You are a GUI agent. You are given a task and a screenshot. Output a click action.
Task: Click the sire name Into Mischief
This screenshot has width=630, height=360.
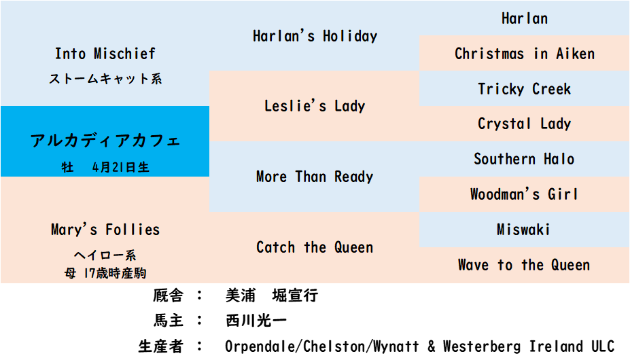point(105,54)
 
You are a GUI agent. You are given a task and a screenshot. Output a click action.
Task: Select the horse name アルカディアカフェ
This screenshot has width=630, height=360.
point(105,140)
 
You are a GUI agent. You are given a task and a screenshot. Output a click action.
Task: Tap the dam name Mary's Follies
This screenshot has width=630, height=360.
point(105,230)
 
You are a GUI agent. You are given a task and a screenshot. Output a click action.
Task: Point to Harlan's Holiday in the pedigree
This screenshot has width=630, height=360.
point(315,36)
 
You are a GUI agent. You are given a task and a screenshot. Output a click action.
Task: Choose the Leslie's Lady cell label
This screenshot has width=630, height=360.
point(315,106)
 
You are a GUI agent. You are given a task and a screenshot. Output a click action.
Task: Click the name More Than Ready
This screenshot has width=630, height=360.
point(315,177)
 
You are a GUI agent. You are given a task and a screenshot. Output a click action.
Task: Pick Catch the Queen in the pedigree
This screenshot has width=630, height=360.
point(315,247)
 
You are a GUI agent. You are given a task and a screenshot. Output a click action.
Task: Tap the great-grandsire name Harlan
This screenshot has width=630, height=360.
point(525,18)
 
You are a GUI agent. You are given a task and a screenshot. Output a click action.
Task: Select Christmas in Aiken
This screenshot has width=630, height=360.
point(525,54)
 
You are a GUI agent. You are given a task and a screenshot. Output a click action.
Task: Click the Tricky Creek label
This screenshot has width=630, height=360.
point(525,89)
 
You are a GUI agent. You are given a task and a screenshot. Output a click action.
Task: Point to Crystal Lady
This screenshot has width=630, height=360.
point(525,124)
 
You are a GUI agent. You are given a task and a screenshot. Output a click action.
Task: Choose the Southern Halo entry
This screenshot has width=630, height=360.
point(525,159)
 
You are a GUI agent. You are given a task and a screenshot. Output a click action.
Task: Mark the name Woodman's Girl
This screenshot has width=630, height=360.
point(525,194)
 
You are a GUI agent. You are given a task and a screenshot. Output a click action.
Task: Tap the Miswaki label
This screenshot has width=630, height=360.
point(523,230)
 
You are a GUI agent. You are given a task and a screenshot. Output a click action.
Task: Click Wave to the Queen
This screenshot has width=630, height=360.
point(525,265)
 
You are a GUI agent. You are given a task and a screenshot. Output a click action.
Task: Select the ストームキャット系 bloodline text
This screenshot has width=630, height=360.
point(105,78)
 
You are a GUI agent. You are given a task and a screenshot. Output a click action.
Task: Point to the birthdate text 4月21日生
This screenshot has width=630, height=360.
point(120,166)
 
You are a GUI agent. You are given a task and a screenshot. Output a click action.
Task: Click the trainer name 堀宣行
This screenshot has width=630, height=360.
point(295,295)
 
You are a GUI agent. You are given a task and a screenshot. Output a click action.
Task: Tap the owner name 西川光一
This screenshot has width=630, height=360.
point(256,321)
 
